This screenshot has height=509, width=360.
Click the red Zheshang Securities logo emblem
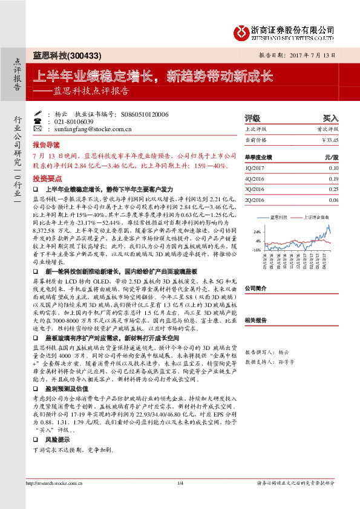click(243, 30)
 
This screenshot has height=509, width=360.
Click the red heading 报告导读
click(47, 145)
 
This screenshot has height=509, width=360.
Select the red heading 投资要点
click(47, 179)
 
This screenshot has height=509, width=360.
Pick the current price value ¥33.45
click(330, 140)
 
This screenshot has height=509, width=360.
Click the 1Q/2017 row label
click(255, 168)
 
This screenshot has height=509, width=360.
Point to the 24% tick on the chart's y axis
click(257, 232)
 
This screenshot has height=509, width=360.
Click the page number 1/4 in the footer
click(180, 499)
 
